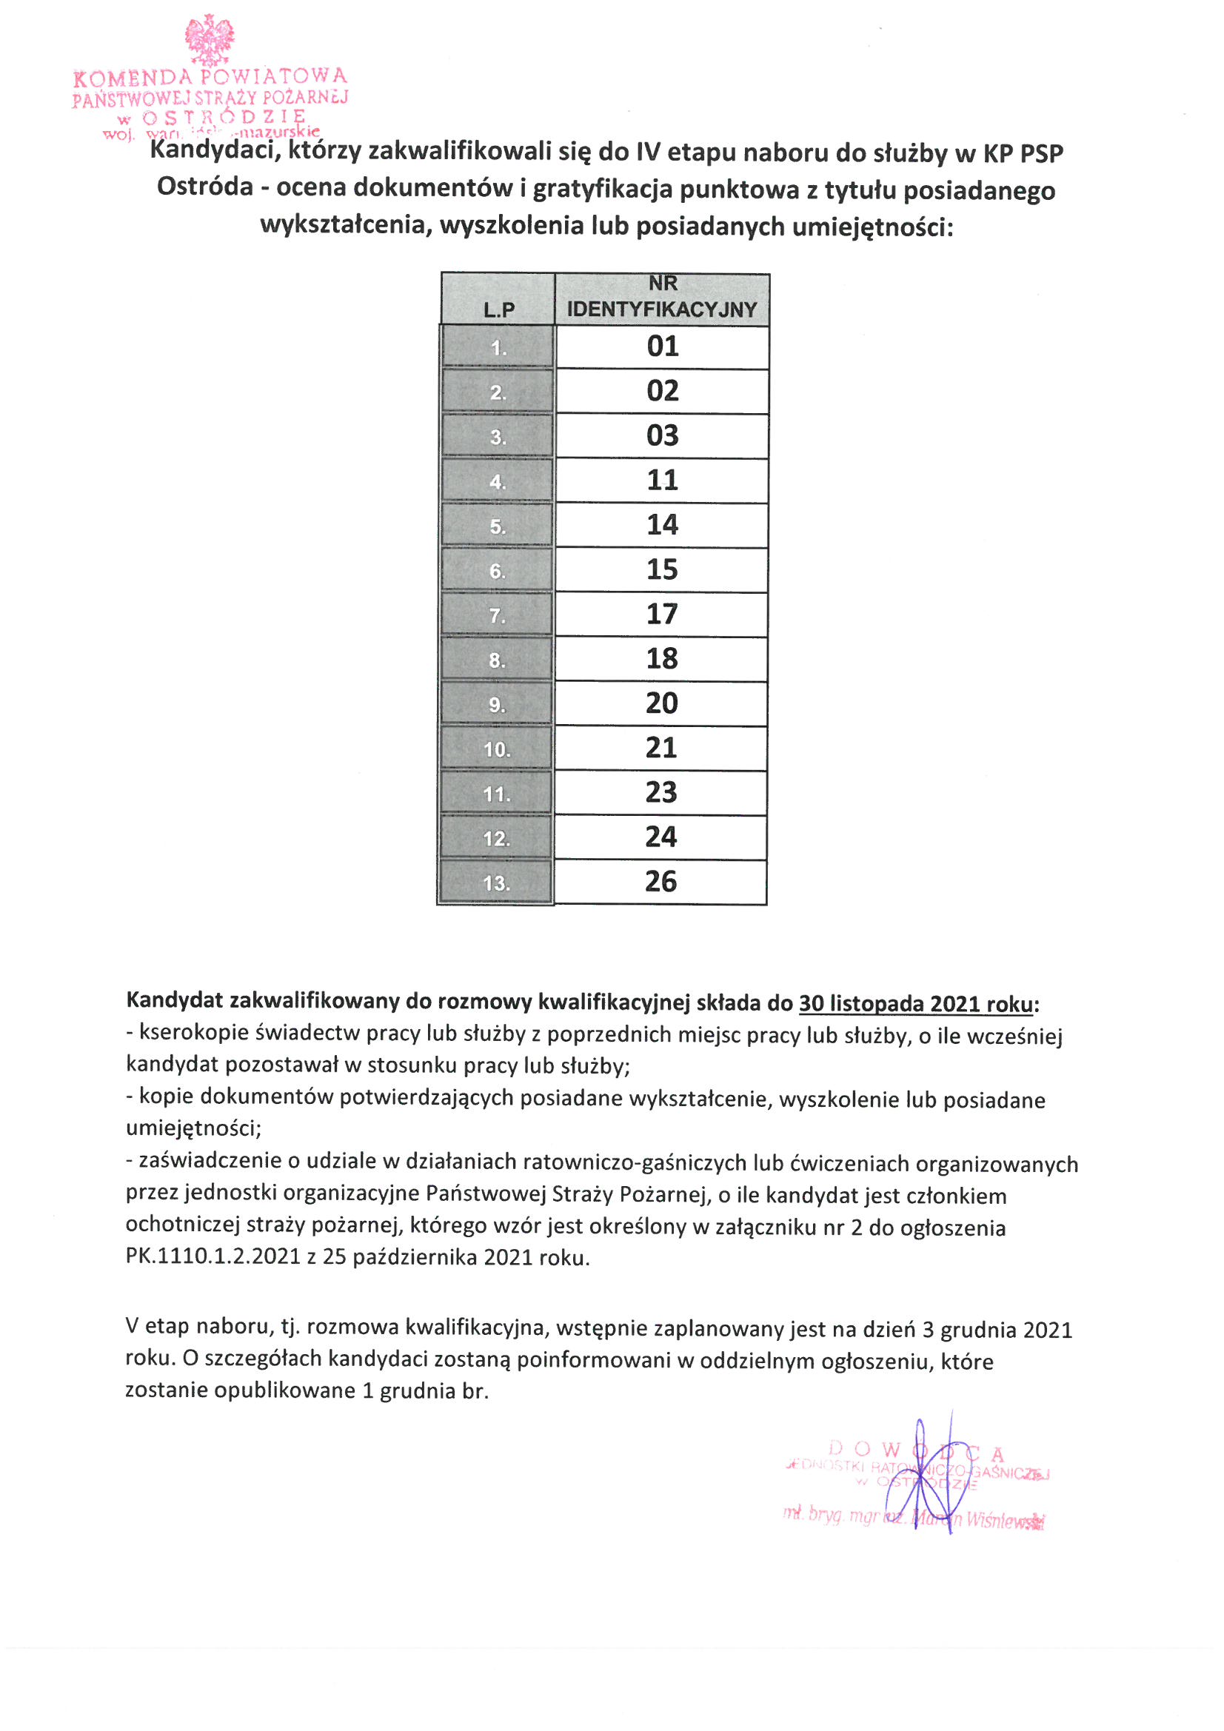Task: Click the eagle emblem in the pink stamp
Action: tap(209, 40)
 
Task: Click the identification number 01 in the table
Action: tap(662, 346)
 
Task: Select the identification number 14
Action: tap(662, 525)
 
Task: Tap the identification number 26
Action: tap(661, 881)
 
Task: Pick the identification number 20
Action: tap(661, 703)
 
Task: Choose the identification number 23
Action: tap(661, 792)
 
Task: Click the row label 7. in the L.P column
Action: tap(497, 616)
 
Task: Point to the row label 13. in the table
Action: tap(496, 883)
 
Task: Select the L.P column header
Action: tap(498, 310)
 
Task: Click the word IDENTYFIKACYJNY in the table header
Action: tap(661, 310)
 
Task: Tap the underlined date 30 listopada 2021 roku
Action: tap(915, 1003)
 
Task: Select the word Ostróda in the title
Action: tap(204, 187)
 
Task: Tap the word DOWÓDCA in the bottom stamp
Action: tap(915, 1450)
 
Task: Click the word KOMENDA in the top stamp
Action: tap(133, 78)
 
